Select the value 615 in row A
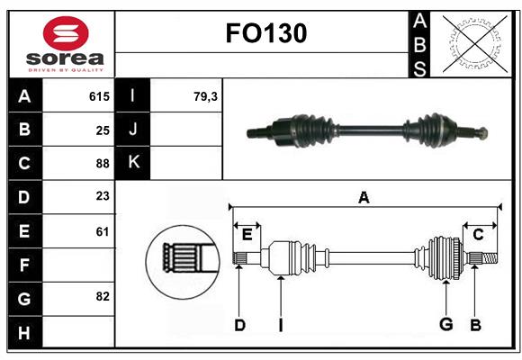pos(99,96)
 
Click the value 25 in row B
pos(103,130)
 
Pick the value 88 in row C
pos(103,164)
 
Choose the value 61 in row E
pos(103,231)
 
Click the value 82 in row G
pos(103,296)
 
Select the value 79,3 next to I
pos(205,96)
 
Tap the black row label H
pos(24,332)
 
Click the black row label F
pos(24,265)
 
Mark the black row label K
pos(133,163)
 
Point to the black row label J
pos(133,130)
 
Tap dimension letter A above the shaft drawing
pos(364,198)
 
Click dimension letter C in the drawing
pos(478,234)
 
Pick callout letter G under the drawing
pos(445,323)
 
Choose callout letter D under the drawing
pos(239,325)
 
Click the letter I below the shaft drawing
pos(280,325)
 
